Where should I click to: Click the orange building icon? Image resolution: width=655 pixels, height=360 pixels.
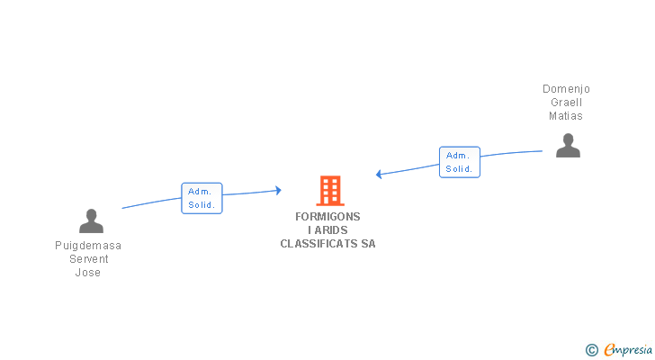tap(330, 191)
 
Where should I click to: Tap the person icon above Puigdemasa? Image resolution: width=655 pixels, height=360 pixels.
tap(91, 220)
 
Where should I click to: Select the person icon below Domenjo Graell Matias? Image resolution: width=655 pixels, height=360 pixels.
tap(568, 145)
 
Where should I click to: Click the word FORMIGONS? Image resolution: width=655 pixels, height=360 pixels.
tap(327, 217)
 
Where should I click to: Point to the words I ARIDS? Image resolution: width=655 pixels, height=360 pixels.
tap(327, 230)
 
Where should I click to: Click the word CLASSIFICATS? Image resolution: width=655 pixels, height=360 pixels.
tap(319, 244)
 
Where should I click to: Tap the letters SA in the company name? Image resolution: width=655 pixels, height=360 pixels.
tap(368, 244)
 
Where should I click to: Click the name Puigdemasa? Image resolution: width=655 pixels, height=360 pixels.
tap(88, 246)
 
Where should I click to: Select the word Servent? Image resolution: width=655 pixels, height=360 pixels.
tap(88, 259)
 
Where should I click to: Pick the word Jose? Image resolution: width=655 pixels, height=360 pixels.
tap(88, 273)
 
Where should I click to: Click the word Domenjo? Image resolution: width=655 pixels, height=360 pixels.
tap(566, 89)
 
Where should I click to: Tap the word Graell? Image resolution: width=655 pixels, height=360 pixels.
tap(566, 103)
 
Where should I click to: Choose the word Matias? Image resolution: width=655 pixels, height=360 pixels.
tap(566, 116)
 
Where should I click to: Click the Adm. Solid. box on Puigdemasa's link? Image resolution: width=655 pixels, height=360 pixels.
tap(202, 198)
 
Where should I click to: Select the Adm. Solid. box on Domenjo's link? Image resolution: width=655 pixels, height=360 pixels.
tap(460, 162)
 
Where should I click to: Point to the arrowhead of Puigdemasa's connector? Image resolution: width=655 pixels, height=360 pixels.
tap(278, 190)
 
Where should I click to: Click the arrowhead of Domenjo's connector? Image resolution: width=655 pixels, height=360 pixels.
tap(380, 174)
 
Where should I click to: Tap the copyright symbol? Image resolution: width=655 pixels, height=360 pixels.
tap(591, 350)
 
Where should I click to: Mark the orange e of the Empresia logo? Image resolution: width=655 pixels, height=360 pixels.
tap(609, 350)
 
